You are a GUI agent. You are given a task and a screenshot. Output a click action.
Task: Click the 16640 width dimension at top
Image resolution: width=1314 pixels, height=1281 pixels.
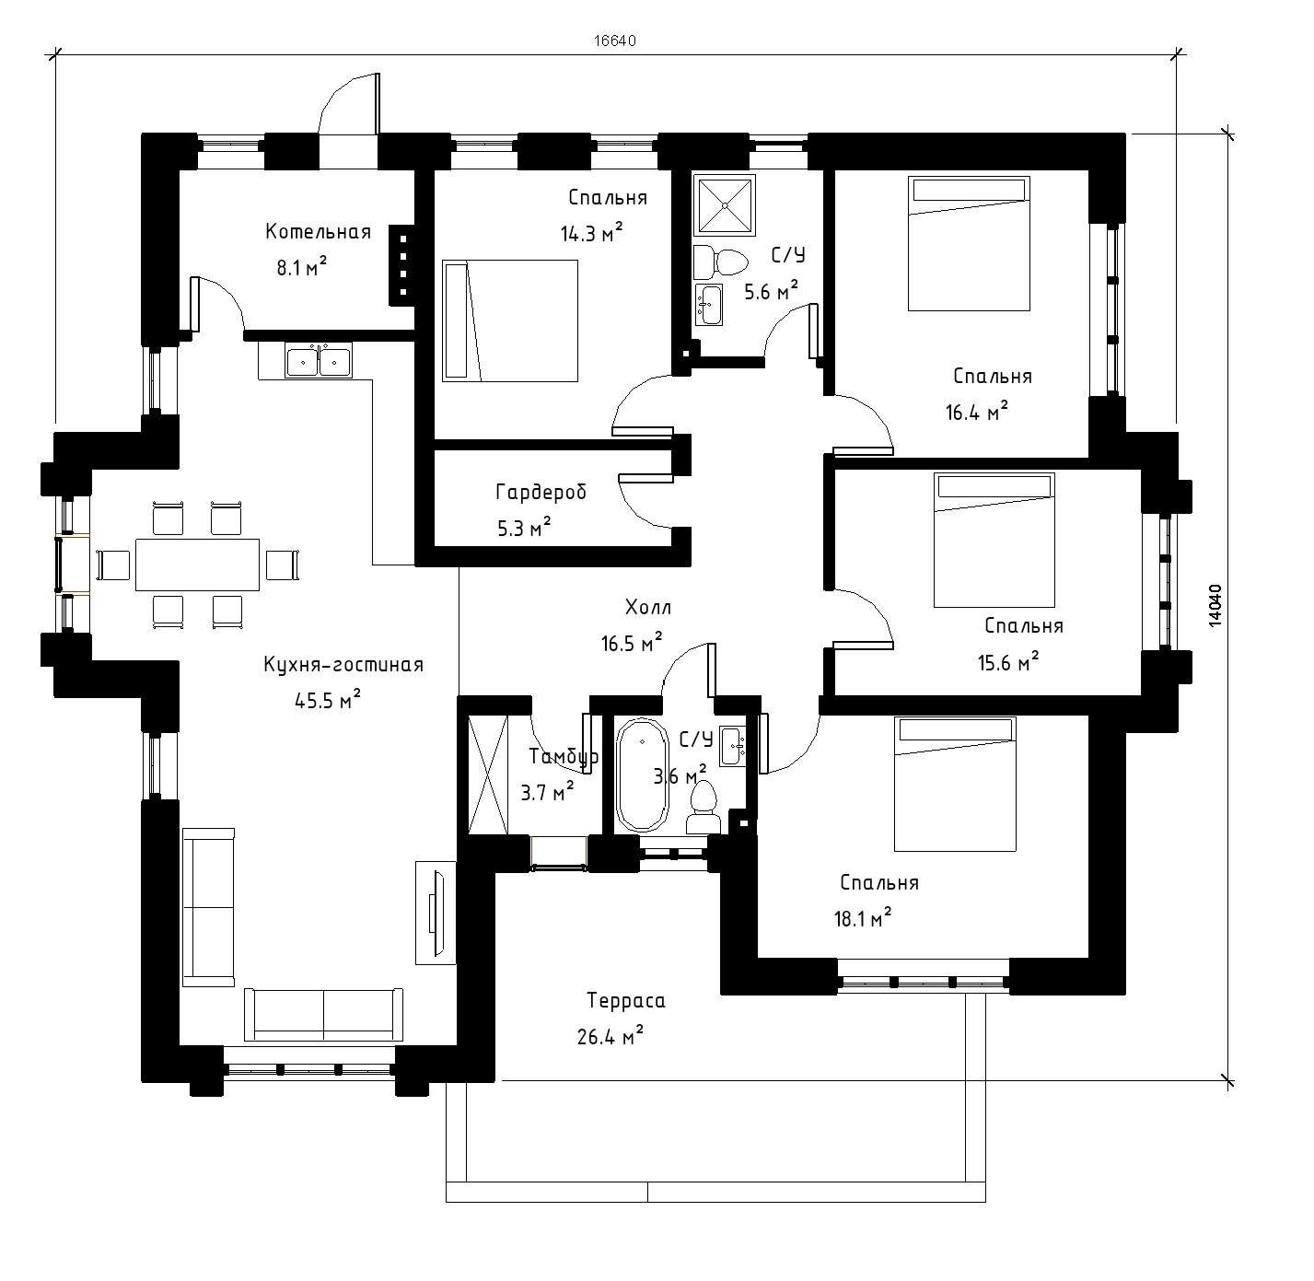[x=614, y=41]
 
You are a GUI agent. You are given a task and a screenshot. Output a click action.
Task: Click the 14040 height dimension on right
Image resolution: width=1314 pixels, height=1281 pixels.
[x=1215, y=605]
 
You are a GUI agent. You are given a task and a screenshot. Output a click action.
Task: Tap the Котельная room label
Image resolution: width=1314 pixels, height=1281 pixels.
[x=318, y=232]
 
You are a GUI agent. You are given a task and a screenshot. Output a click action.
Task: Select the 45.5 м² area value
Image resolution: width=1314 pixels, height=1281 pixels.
[x=328, y=700]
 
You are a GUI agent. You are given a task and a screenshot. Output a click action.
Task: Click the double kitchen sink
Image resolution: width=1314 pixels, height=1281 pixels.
[x=318, y=361]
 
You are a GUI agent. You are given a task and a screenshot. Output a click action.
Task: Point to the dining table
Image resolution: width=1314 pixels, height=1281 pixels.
[x=197, y=565]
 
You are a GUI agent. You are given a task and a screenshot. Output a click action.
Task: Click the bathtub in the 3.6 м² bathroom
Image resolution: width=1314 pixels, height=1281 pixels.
[x=642, y=774]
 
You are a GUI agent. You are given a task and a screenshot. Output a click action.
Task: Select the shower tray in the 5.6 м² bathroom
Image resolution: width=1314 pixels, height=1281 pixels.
[x=724, y=205]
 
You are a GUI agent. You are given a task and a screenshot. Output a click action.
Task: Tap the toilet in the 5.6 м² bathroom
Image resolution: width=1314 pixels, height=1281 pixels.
[x=720, y=262]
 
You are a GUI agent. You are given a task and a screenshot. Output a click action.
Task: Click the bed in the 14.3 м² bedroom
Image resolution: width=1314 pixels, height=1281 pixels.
[x=510, y=320]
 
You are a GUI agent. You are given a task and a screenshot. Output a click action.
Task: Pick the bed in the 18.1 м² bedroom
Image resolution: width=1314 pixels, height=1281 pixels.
[x=955, y=784]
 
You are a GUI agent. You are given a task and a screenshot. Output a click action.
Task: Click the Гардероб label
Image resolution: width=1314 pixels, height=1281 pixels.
[x=541, y=493]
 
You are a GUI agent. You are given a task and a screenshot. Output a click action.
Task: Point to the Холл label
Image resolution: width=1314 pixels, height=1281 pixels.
[x=647, y=608]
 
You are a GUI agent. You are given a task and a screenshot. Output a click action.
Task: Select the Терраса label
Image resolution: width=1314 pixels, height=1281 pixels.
[x=626, y=1001]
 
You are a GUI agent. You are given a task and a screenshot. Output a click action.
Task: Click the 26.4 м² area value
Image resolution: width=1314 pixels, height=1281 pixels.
[x=610, y=1035]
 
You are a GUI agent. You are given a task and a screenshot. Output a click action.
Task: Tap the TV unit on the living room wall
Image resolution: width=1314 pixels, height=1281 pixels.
[x=436, y=913]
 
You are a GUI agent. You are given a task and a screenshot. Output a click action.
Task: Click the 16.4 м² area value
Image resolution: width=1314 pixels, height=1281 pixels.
[x=976, y=412]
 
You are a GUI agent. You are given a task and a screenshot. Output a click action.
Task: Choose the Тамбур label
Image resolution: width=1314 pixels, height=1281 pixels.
[x=564, y=757]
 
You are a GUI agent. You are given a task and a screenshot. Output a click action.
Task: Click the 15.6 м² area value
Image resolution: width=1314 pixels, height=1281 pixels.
[x=1008, y=662]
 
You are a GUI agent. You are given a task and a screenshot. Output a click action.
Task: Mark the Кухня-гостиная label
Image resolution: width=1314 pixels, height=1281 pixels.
[x=343, y=665]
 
